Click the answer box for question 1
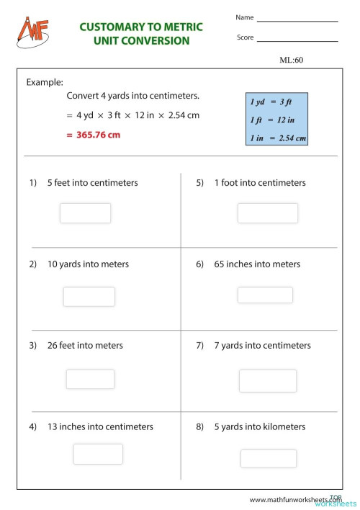pos(85,213)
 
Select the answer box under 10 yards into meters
pos(89,297)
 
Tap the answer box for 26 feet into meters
pos(90,379)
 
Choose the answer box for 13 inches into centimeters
pos(98,454)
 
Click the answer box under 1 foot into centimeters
pos(267,213)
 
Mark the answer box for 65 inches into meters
pos(265,295)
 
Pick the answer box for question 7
pos(267,380)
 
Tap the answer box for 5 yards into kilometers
pos(268,458)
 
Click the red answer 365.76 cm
pos(93,135)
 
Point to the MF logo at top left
pos(28,30)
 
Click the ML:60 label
pos(292,61)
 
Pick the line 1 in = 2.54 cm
pos(277,138)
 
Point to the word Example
pos(45,82)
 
